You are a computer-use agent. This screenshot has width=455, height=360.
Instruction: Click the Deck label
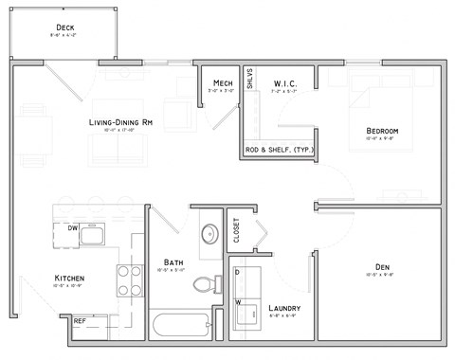pos(65,27)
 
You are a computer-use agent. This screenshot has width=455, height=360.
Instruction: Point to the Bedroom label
pos(381,130)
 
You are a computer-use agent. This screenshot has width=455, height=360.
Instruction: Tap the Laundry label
pos(284,308)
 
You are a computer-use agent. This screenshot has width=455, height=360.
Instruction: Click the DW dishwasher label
pos(72,228)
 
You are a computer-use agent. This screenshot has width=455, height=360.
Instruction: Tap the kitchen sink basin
pos(95,234)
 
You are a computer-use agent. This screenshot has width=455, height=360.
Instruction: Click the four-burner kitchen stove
pos(128,279)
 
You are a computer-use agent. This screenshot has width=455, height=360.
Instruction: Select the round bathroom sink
pos(209,234)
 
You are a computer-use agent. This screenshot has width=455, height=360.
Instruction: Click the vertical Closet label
pos(237,230)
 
